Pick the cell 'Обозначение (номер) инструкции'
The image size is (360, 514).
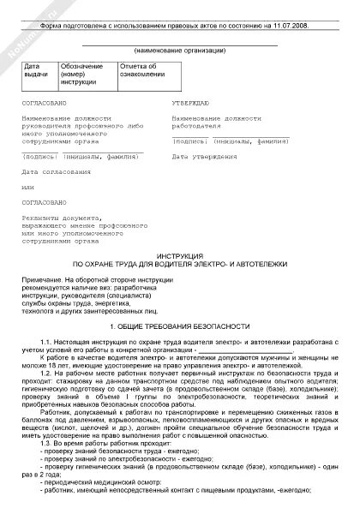[x=83, y=74]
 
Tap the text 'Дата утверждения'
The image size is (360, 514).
[x=204, y=158]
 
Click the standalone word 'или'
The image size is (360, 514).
[x=28, y=187]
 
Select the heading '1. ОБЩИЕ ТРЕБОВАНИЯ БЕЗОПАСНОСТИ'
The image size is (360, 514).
[x=180, y=327]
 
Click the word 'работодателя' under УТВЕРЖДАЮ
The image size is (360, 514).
[x=195, y=124]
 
